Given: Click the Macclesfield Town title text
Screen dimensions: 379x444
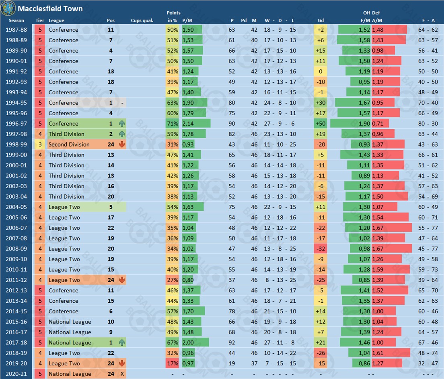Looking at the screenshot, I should [50, 8].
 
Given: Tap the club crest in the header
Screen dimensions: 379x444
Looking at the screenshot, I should [8, 8].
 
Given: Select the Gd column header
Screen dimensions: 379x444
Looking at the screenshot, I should [321, 20].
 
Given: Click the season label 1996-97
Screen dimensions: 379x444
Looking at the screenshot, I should [16, 124].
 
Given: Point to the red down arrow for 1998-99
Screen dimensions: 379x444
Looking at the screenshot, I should [121, 145].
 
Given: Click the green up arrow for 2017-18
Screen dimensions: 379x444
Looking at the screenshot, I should [121, 343].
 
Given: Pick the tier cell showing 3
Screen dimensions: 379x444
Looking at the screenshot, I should [40, 145].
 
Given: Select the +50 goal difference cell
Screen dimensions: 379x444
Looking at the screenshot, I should [321, 124].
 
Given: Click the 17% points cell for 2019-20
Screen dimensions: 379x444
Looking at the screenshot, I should [172, 364].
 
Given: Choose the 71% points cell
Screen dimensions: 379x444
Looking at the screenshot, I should [172, 124].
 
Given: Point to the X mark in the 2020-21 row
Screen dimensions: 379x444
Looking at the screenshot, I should [122, 374].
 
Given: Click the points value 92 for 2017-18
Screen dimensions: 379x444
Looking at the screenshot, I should [232, 343].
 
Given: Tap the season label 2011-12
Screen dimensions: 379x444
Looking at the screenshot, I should [16, 280].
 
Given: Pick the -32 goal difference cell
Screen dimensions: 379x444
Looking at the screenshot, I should [321, 249].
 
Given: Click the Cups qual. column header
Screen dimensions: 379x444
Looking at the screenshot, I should [142, 20].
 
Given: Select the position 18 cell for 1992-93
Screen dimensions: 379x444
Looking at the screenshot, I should [111, 82].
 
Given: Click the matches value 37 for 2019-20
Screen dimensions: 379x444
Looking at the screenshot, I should [254, 364].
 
